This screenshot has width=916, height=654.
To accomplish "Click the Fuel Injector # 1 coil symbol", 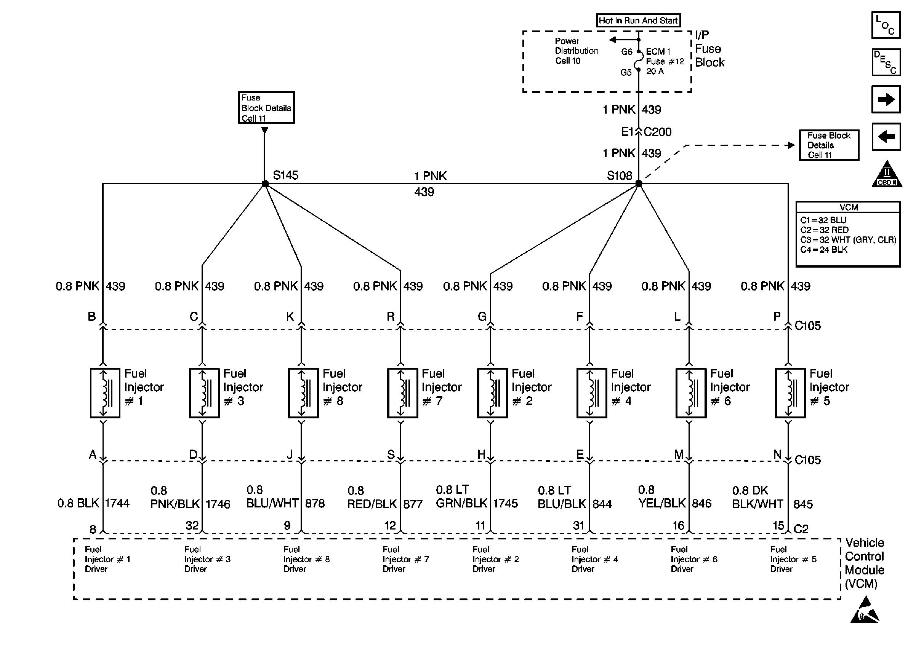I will (x=105, y=392).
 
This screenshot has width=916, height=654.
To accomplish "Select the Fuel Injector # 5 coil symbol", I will (x=790, y=392).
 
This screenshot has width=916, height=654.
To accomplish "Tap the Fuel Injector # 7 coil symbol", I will (x=402, y=392).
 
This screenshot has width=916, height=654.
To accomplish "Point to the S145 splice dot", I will (x=265, y=184).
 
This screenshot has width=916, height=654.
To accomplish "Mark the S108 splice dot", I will (x=638, y=184).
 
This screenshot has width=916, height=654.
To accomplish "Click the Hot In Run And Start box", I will (x=638, y=21).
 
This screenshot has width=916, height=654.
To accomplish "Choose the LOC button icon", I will (x=886, y=26).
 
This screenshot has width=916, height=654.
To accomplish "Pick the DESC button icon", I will (x=886, y=62).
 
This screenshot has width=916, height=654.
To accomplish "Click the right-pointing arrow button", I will (x=886, y=99).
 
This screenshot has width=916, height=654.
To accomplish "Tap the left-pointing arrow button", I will (x=886, y=137).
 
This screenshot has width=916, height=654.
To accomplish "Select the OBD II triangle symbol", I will (x=887, y=175).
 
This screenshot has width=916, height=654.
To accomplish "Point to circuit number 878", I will (x=315, y=503).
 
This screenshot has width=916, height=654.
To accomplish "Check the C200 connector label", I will (x=658, y=132).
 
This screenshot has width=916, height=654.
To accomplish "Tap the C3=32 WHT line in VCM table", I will (x=848, y=240).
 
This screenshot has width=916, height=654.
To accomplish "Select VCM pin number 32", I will (x=192, y=526).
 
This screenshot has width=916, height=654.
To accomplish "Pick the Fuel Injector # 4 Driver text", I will (x=594, y=559).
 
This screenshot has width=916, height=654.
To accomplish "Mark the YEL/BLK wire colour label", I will (x=662, y=503).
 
